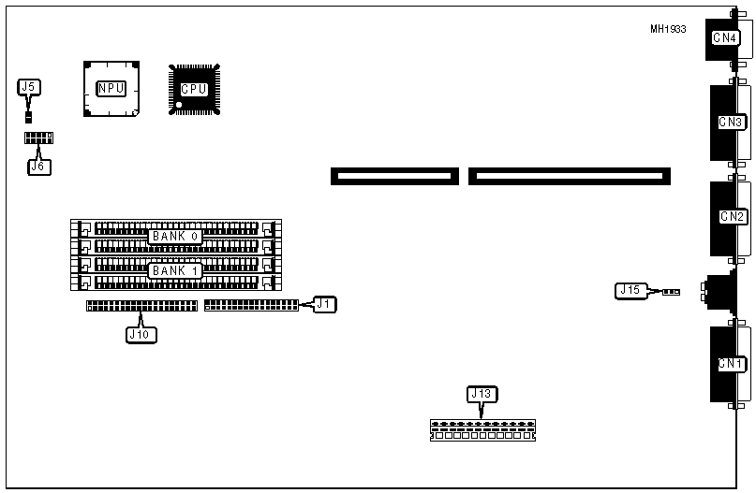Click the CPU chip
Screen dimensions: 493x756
(x=194, y=89)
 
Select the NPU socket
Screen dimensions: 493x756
(x=111, y=88)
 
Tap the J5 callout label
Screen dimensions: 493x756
(x=29, y=88)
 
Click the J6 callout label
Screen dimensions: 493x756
(x=38, y=167)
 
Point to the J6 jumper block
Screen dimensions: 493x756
(x=39, y=138)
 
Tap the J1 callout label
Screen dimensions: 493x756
(x=324, y=303)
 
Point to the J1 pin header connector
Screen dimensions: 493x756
(x=250, y=304)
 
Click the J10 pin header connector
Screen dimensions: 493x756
(x=141, y=306)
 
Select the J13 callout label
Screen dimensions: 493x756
(x=481, y=394)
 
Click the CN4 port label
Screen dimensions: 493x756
(x=725, y=38)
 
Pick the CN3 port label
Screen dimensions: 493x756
(x=731, y=123)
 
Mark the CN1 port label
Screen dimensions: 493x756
(x=731, y=363)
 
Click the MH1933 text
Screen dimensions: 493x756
(x=668, y=29)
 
